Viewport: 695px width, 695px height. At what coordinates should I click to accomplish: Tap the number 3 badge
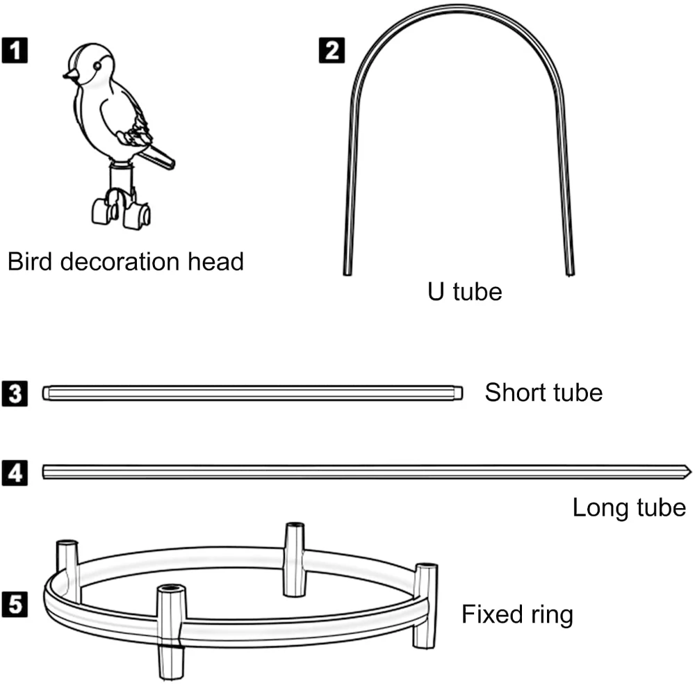(15, 393)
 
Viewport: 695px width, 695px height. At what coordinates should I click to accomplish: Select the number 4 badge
(15, 473)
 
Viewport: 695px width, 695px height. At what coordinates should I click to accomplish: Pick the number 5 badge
(15, 604)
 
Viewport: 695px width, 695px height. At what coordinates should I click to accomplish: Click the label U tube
(464, 291)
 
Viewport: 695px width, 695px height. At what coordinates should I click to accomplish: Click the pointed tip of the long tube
(688, 472)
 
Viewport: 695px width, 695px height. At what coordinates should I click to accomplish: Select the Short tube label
(543, 393)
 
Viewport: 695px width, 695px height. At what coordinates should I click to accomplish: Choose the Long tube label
(629, 507)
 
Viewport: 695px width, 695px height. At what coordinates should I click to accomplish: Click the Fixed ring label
(518, 614)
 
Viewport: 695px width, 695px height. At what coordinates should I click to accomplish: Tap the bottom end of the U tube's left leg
(347, 271)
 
